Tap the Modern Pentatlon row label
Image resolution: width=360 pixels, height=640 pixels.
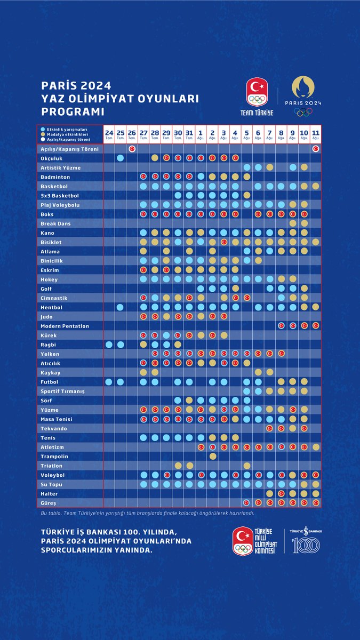click(x=65, y=326)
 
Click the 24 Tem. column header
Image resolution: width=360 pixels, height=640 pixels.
click(x=109, y=134)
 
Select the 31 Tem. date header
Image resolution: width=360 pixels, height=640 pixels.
click(x=189, y=134)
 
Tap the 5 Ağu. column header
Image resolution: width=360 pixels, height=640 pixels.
click(x=246, y=134)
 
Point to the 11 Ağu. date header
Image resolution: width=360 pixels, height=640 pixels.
click(x=316, y=134)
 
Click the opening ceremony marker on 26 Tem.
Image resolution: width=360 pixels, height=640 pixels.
click(x=132, y=149)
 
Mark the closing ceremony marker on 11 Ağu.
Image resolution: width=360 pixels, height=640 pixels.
click(x=316, y=149)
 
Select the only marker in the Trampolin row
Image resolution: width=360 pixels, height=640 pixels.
click(x=212, y=457)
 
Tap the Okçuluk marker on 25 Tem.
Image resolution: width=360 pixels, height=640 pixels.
click(x=120, y=158)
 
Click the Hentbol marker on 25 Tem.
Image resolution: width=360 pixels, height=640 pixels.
click(x=120, y=307)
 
